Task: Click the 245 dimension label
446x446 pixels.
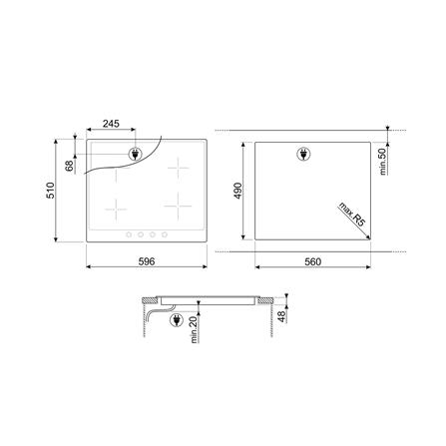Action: click(x=111, y=124)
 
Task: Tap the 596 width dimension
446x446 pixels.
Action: click(x=146, y=260)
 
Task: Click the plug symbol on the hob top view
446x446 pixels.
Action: click(x=136, y=155)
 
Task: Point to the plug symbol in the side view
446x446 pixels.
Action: click(x=176, y=321)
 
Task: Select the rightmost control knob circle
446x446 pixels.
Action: click(x=163, y=235)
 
